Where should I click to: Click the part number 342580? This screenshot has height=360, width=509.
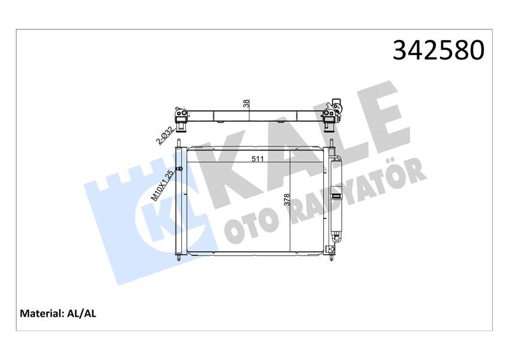[x=438, y=50]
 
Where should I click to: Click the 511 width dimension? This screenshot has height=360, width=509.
[x=258, y=159]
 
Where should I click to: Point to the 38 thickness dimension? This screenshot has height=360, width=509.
[x=246, y=104]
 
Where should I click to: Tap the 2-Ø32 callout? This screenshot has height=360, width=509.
[x=165, y=135]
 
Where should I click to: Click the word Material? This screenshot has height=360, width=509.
[x=42, y=313]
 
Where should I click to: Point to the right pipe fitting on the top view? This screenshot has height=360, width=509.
[x=330, y=113]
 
